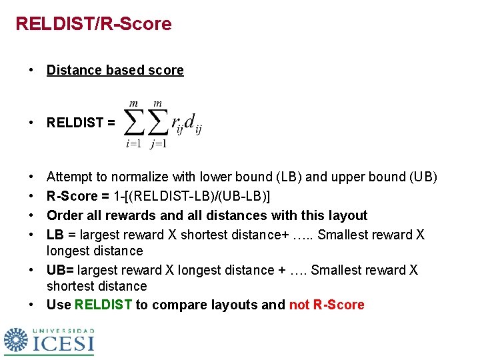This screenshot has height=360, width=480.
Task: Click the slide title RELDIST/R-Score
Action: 93,24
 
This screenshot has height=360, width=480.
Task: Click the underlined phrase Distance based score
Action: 115,70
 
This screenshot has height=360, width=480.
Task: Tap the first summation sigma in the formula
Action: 135,123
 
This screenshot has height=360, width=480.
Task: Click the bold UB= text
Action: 60,270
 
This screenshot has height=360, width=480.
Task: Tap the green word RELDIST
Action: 103,305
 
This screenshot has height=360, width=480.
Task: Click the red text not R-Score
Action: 327,305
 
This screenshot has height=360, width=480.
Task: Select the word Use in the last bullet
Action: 59,305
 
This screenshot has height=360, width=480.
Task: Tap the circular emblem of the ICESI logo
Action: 16,340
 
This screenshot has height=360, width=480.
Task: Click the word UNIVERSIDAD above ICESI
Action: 64,331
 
